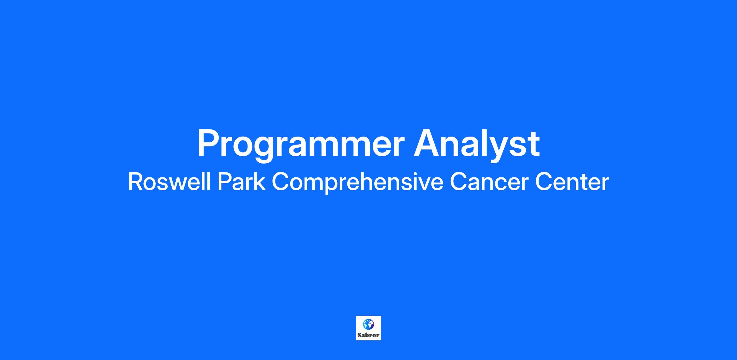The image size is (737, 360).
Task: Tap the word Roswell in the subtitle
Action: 169,182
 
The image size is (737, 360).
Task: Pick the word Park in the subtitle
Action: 241,182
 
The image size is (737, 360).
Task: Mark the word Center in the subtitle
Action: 572,182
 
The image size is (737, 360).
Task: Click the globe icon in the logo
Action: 368,324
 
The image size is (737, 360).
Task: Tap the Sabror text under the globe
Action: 368,335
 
